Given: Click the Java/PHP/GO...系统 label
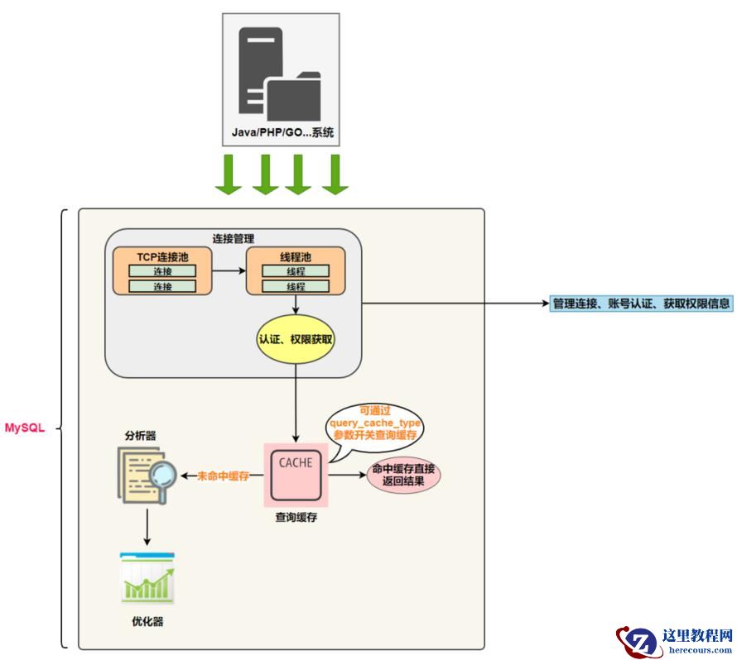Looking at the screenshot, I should tap(282, 133).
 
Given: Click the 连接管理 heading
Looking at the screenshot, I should tap(233, 238).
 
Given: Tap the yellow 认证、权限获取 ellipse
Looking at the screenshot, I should tap(296, 339).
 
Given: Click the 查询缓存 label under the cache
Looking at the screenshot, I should tap(297, 519).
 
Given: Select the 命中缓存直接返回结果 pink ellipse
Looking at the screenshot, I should tap(403, 475).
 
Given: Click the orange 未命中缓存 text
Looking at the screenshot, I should tap(224, 476).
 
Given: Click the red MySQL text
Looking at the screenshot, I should tap(24, 428).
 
